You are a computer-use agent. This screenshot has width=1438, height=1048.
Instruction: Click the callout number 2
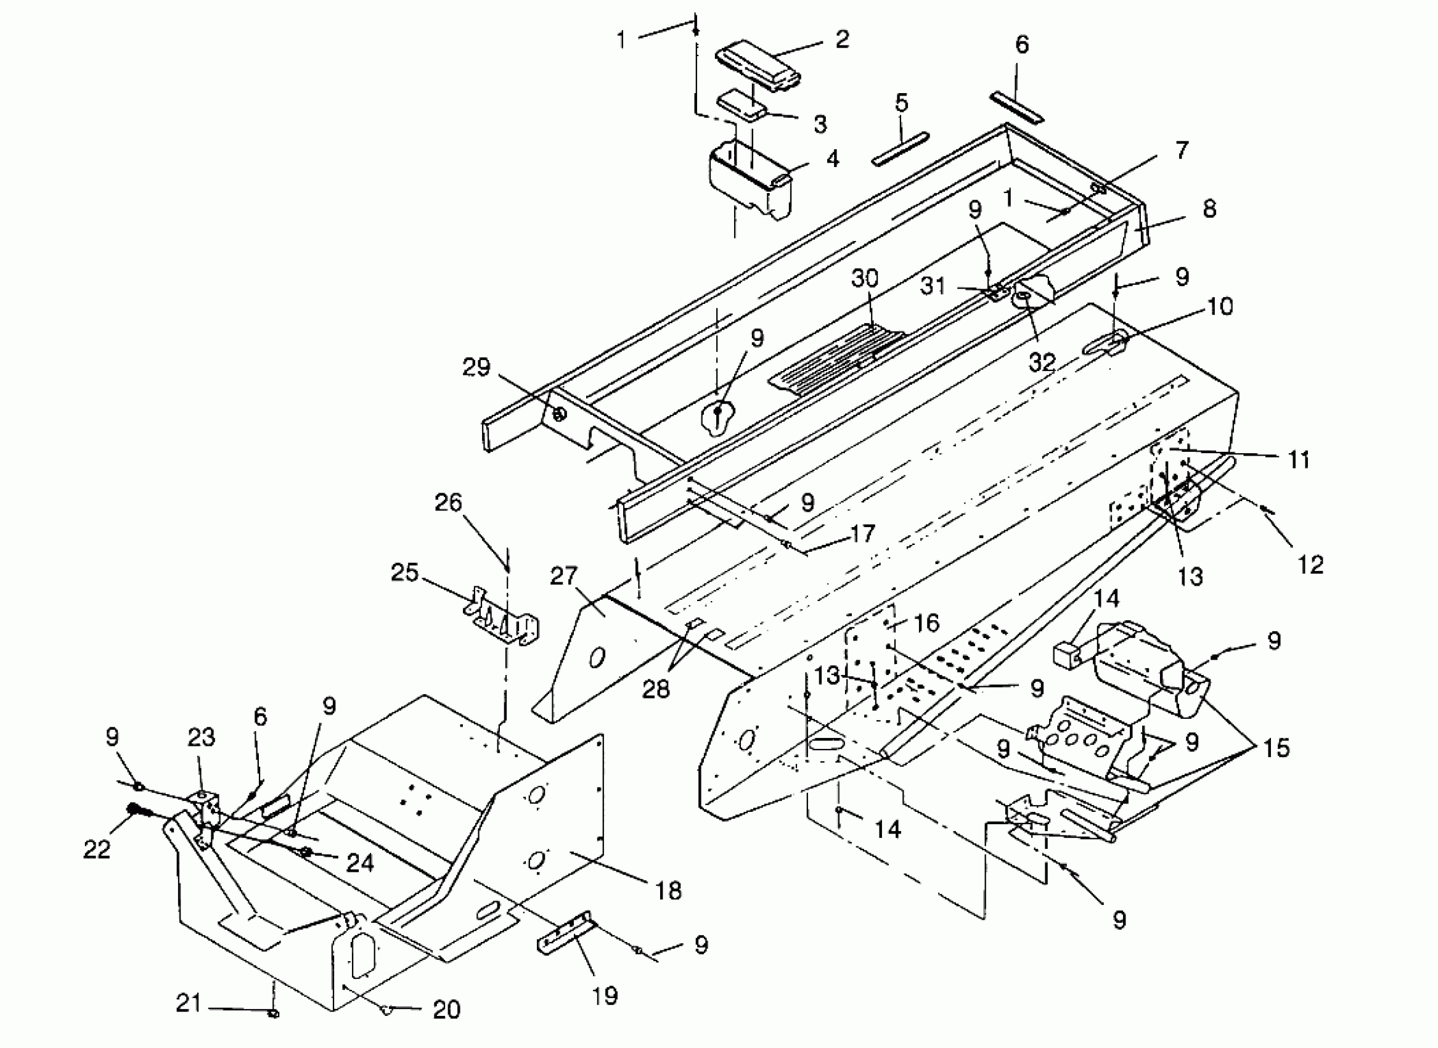click(x=842, y=40)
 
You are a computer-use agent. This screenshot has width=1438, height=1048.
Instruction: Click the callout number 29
click(x=476, y=367)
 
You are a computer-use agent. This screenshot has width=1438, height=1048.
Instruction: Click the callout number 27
click(x=563, y=576)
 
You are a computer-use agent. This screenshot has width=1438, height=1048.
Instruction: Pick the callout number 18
click(x=668, y=891)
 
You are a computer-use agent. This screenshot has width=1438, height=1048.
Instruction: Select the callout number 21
click(x=189, y=1004)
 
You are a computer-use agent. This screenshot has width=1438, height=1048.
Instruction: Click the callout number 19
click(x=605, y=996)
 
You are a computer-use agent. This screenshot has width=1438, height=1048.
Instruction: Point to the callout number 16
click(x=927, y=623)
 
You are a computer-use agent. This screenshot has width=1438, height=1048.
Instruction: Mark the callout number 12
click(x=1310, y=564)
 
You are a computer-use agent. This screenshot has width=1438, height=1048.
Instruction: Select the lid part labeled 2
click(x=758, y=65)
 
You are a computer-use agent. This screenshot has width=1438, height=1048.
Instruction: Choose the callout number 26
click(x=448, y=503)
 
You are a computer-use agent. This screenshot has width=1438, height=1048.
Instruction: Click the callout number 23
click(x=201, y=737)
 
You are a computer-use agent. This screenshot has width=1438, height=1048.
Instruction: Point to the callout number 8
click(x=1209, y=209)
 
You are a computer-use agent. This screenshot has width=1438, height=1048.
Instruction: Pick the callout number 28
click(x=656, y=689)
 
